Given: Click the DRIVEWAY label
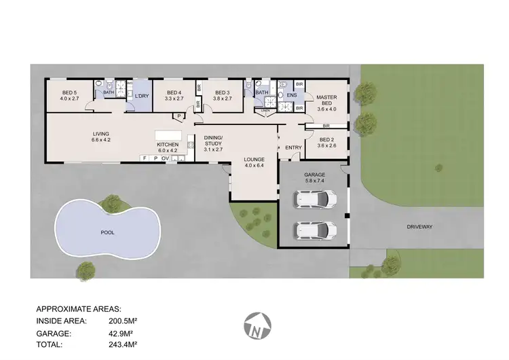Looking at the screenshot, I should pyautogui.click(x=420, y=226).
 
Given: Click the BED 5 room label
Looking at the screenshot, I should pyautogui.click(x=70, y=95).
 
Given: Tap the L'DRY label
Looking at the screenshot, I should pyautogui.click(x=141, y=96).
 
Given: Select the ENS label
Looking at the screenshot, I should pyautogui.click(x=291, y=96).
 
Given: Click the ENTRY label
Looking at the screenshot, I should pyautogui.click(x=293, y=147).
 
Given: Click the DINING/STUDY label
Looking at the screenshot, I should pyautogui.click(x=213, y=143).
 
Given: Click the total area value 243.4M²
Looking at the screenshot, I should pyautogui.click(x=123, y=345).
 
